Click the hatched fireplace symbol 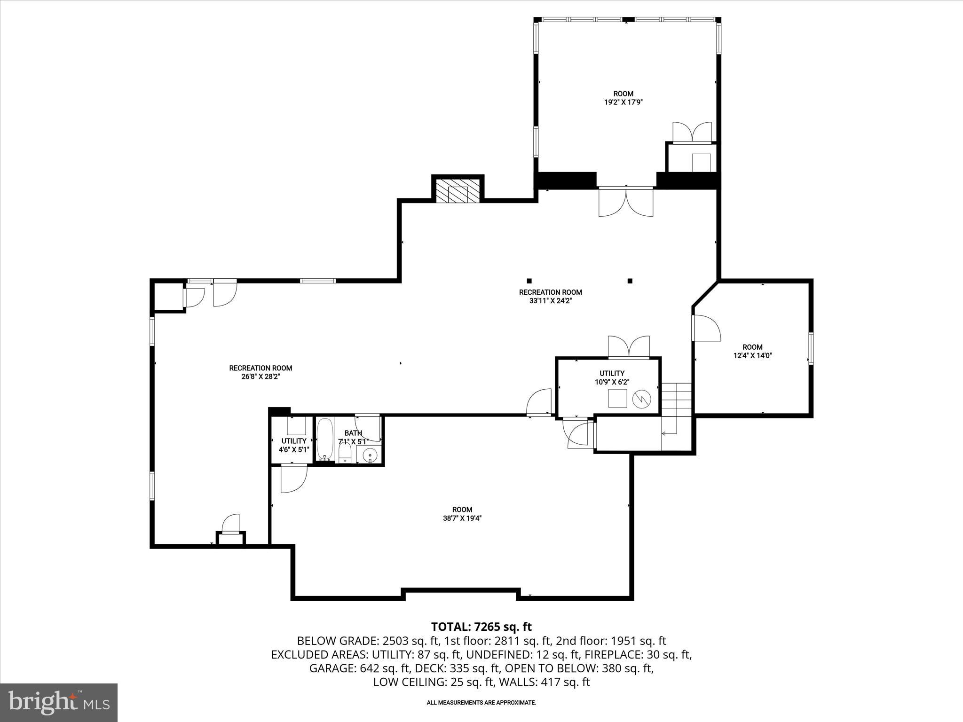pyautogui.click(x=458, y=191)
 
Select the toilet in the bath pyautogui.click(x=346, y=454)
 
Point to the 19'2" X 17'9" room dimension pyautogui.click(x=623, y=102)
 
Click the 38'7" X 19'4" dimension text pyautogui.click(x=462, y=518)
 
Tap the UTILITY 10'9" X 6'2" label pyautogui.click(x=612, y=377)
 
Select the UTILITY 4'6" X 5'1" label pyautogui.click(x=294, y=445)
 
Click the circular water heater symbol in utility pyautogui.click(x=641, y=399)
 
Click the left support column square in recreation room pyautogui.click(x=529, y=281)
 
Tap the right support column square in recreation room pyautogui.click(x=630, y=281)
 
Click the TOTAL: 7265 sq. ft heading pyautogui.click(x=481, y=627)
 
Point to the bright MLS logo pyautogui.click(x=59, y=702)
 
